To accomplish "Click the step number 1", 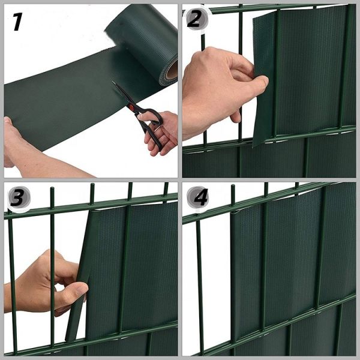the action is tap(17, 22).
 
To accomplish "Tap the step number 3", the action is tap(18, 197).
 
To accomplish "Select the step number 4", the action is tap(200, 197).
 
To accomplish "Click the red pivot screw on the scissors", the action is tap(131, 107).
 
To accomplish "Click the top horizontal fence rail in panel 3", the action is tap(91, 205).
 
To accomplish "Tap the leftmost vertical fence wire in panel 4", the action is tap(200, 284).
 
